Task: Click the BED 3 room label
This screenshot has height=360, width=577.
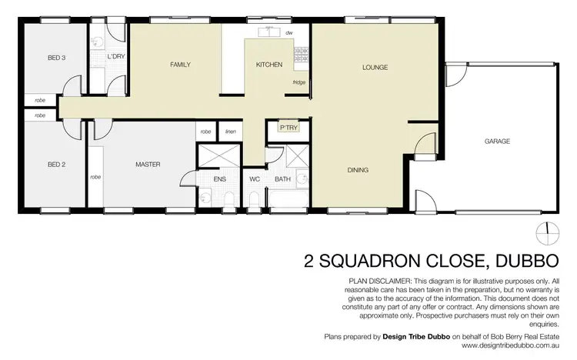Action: click(x=55, y=58)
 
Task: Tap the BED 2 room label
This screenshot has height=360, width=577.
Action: click(x=55, y=164)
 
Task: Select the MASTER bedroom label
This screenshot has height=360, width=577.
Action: click(x=147, y=164)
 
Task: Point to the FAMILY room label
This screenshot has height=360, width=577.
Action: click(x=180, y=65)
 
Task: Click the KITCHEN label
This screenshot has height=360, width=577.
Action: click(x=269, y=65)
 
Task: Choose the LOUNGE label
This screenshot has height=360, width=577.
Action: click(x=375, y=68)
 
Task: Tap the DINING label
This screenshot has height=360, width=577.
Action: click(x=358, y=170)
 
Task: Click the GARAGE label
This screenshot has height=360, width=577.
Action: click(x=497, y=142)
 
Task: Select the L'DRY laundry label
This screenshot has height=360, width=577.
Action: click(x=116, y=57)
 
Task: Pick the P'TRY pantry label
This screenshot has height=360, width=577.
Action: click(x=288, y=127)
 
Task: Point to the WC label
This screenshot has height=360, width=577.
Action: click(x=255, y=179)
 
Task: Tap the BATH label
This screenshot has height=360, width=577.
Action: click(x=282, y=179)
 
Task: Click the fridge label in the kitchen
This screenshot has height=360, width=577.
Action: click(x=299, y=82)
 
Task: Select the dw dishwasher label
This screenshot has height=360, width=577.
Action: click(x=288, y=33)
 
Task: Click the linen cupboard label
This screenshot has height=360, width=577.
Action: click(x=231, y=132)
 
